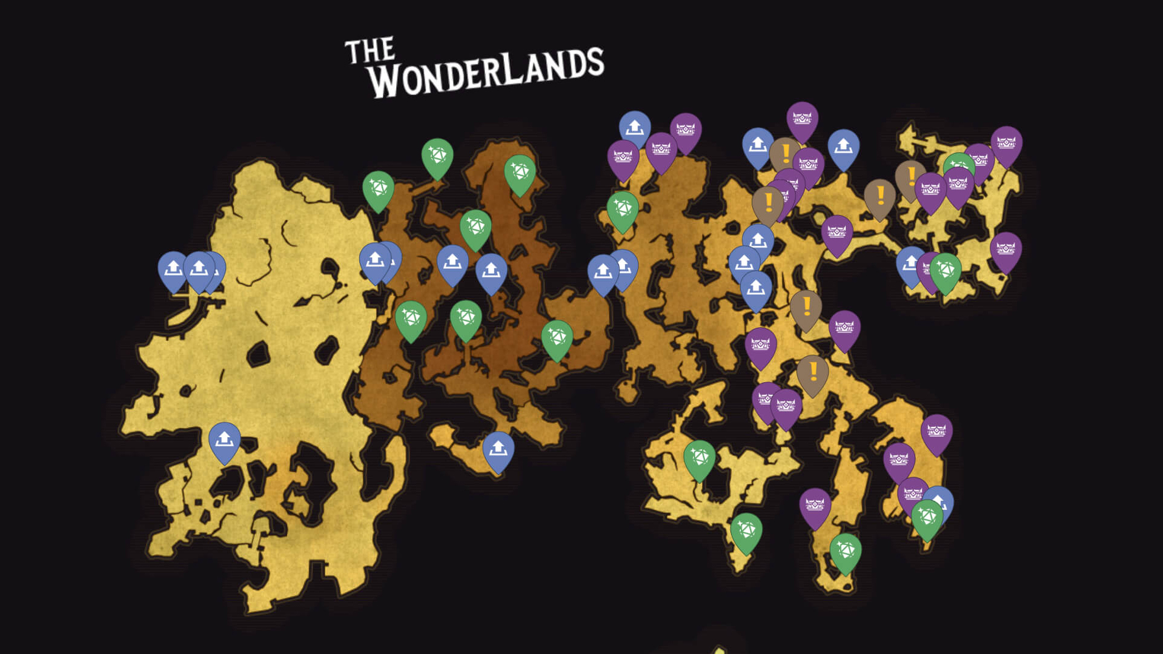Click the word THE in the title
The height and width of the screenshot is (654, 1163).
(369, 51)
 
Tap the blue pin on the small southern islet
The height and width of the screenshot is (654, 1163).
(498, 450)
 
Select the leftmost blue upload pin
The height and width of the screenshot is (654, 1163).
(173, 269)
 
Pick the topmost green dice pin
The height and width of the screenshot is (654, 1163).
(437, 157)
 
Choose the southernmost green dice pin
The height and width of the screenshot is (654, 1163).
(845, 552)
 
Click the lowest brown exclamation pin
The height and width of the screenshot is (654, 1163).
(812, 373)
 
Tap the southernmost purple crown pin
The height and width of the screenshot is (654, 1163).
(815, 506)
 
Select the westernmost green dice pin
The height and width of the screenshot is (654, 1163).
(378, 190)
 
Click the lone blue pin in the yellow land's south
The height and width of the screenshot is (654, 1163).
(224, 440)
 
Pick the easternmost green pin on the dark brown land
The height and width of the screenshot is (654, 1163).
(557, 339)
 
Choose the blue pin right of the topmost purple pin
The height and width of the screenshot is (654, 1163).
(843, 148)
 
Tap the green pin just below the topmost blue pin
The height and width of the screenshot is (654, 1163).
(623, 210)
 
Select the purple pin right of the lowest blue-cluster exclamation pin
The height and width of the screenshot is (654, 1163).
(844, 329)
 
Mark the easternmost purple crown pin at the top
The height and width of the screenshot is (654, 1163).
(1006, 145)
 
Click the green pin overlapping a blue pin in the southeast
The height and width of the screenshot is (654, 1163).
(927, 518)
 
